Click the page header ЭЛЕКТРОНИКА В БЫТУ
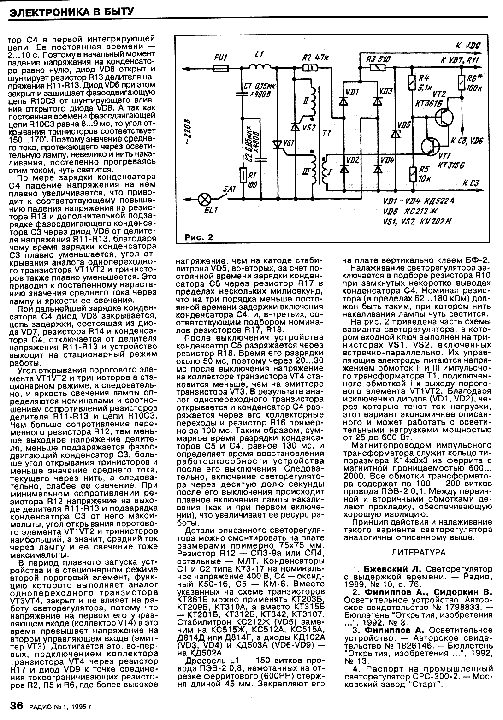tap(71, 10)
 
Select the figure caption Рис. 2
tap(199, 238)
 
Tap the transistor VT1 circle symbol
tap(432, 147)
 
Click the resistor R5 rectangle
tap(412, 174)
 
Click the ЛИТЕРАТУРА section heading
tap(418, 552)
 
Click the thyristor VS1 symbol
tap(277, 145)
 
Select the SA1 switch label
tap(229, 189)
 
